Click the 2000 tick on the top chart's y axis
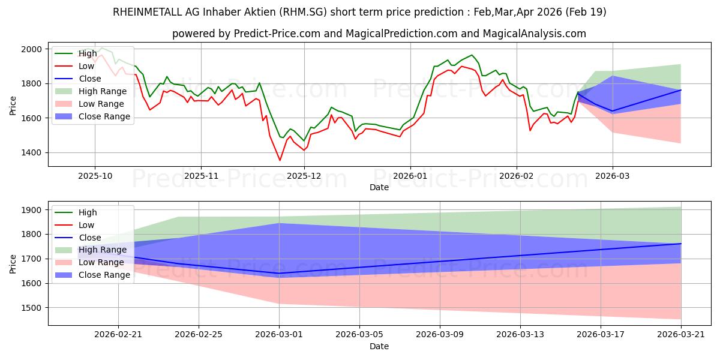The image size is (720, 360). pos(31,49)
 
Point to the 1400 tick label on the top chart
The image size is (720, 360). pos(31,152)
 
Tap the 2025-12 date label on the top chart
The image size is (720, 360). pos(304,176)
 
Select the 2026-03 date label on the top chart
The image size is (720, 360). pos(613,176)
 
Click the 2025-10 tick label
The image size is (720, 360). pos(95,176)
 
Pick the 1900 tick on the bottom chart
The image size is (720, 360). pos(31,210)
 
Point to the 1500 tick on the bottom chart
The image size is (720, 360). pos(31,308)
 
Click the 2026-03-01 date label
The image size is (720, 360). pos(279,335)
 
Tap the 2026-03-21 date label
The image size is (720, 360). pos(681,335)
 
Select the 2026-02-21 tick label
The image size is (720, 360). pos(118,335)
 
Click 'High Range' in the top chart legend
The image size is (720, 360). pos(103,91)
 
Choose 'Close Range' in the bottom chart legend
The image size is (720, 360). pos(104,275)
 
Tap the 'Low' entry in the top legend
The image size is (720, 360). pos(86,66)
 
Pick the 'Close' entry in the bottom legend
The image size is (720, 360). pos(89,238)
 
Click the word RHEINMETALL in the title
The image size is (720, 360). pos(148,12)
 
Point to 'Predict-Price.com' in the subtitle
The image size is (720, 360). pos(277,34)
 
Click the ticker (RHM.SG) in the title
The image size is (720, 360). pos(303,12)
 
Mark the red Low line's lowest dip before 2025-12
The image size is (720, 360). pos(280,160)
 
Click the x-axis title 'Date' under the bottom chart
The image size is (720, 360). pos(379,346)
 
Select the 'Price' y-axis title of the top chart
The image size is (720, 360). pos(13,106)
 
